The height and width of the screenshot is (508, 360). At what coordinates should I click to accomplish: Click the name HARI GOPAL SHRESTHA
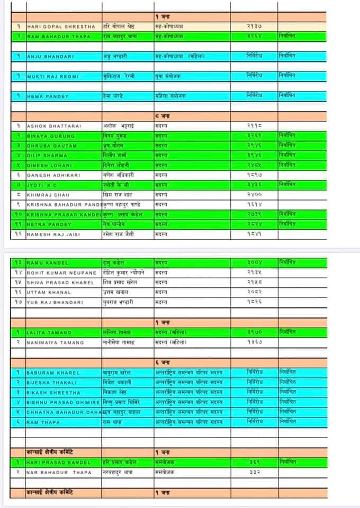(60, 26)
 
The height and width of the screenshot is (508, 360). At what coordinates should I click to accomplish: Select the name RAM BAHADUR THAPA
(56, 37)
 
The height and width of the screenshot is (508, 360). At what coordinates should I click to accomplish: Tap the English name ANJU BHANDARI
(50, 56)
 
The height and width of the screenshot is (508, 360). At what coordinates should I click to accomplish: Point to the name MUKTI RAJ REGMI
(53, 76)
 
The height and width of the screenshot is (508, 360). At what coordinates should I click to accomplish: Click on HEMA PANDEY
(48, 96)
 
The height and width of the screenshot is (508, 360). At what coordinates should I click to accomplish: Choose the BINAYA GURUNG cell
(51, 136)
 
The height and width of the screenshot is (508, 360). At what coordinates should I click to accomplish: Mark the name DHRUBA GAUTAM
(52, 146)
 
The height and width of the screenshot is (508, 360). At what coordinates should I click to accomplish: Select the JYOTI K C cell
(44, 185)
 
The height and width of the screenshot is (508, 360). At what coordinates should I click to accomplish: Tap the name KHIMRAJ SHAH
(50, 195)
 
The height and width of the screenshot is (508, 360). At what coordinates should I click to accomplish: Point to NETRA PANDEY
(49, 224)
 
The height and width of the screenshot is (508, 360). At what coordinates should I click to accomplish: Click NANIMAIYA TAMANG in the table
(55, 342)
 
